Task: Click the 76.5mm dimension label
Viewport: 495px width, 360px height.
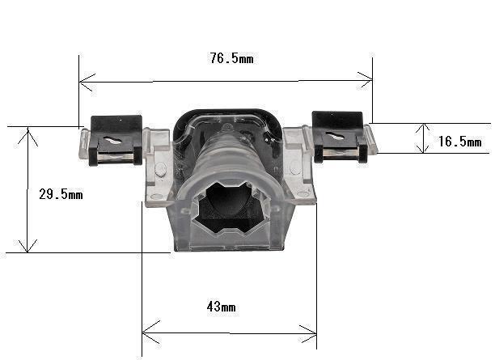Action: coord(231,58)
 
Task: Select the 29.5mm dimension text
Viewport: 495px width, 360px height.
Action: coord(61,194)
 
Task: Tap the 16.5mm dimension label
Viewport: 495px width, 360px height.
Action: coord(460,142)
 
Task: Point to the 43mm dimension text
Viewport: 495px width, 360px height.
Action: coord(222,307)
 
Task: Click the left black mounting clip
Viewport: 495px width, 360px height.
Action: coord(116,140)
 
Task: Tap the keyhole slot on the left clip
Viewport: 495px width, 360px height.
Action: coord(112,140)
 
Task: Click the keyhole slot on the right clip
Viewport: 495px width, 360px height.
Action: coord(336,136)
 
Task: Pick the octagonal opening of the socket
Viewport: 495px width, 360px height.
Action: coord(231,207)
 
